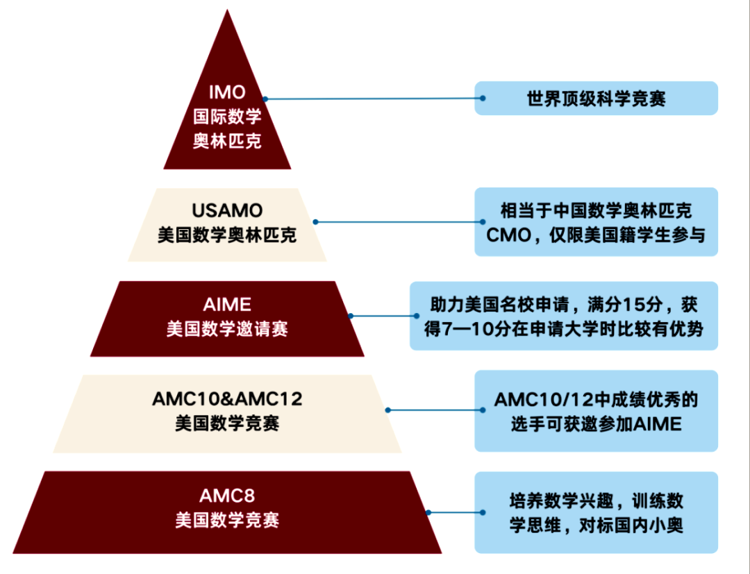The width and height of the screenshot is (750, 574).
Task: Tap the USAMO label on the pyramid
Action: pos(227,210)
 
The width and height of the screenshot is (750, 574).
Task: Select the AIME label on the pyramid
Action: pos(227,304)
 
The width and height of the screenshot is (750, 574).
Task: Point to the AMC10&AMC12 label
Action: pos(227,399)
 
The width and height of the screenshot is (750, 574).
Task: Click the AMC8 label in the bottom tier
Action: pos(227,496)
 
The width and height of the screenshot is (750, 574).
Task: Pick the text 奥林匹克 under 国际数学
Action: pos(227,141)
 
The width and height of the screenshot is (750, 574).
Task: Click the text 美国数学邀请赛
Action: pos(227,328)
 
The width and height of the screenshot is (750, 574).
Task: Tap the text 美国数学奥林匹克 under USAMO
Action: pos(227,235)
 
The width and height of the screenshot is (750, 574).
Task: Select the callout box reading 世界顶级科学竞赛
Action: pos(596,99)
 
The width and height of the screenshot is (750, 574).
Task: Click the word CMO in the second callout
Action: pos(510,235)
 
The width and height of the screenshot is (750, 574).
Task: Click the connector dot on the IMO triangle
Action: pos(265,99)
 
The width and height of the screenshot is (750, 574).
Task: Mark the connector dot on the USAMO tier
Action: pos(315,222)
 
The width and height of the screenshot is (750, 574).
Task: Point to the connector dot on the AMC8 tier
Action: pos(428,512)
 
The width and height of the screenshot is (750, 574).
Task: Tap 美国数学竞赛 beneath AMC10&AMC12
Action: pos(227,423)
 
